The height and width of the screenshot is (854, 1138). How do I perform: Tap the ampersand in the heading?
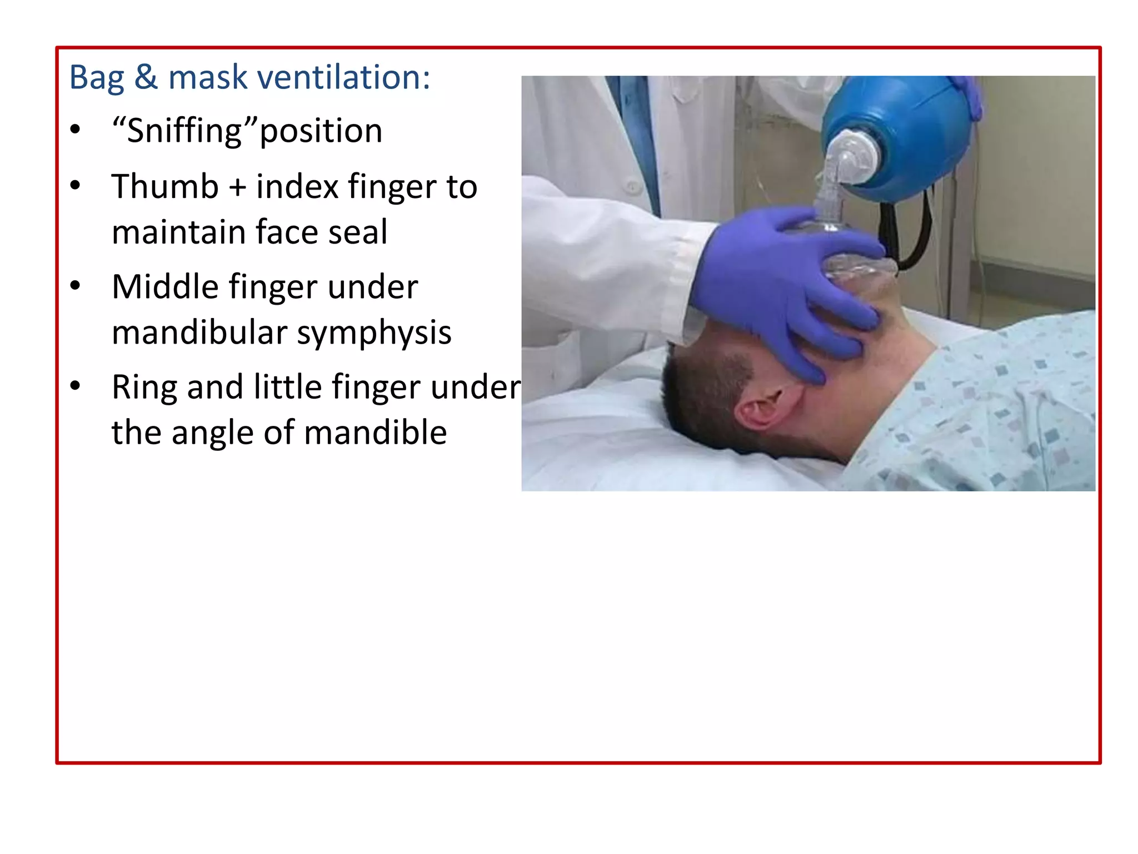click(x=146, y=77)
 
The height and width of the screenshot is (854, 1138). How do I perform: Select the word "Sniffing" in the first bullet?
click(x=184, y=131)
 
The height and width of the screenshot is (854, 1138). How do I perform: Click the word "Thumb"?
click(x=165, y=186)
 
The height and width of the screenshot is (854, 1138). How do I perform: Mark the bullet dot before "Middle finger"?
click(x=76, y=286)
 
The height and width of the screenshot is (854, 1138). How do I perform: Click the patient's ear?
click(x=766, y=408)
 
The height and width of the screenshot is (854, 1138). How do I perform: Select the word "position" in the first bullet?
click(x=321, y=131)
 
